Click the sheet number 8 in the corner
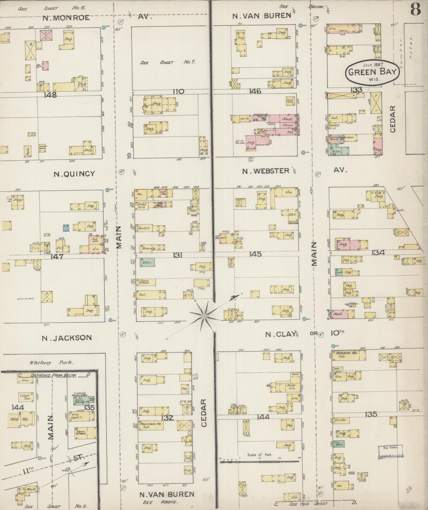pyautogui.click(x=415, y=10)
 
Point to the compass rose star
pyautogui.click(x=204, y=315)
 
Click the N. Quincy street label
pyautogui.click(x=74, y=174)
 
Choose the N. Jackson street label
pyautogui.click(x=67, y=337)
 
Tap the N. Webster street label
pyautogui.click(x=266, y=171)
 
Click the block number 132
pyautogui.click(x=167, y=418)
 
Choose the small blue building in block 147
pyautogui.click(x=65, y=228)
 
